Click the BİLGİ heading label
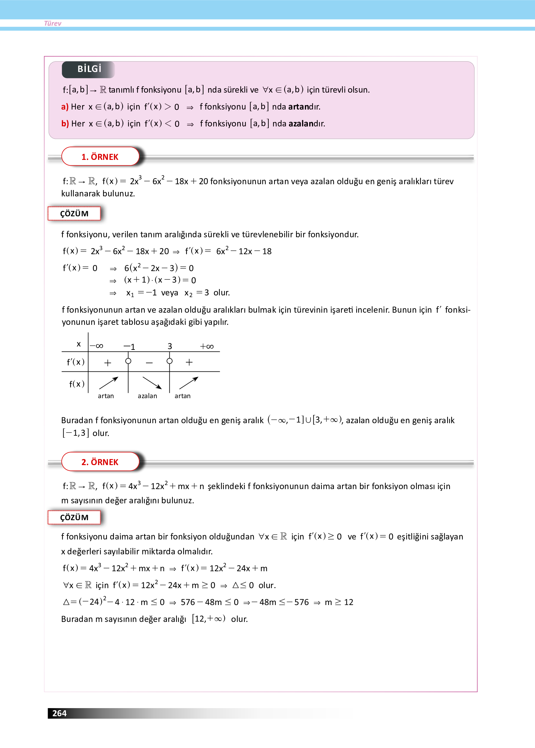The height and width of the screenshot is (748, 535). (89, 69)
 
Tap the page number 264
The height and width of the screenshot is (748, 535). (59, 713)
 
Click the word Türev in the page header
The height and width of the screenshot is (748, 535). (53, 23)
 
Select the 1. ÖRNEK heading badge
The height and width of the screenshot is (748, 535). (100, 157)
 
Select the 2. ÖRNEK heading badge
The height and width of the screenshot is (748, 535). (100, 462)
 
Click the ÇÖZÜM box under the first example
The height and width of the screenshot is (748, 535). (74, 214)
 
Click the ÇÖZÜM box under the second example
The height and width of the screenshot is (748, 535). (74, 517)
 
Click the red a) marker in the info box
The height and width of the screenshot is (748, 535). (65, 107)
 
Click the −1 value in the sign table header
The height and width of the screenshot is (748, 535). (129, 346)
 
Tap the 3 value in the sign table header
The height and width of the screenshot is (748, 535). (170, 346)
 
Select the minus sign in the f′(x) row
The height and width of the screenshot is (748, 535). (149, 363)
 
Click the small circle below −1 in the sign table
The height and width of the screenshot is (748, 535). (128, 361)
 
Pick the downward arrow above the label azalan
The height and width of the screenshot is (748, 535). (152, 383)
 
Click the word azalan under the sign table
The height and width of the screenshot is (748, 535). (147, 396)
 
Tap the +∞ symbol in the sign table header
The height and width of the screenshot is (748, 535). (207, 346)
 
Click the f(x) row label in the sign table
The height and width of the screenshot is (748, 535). (77, 384)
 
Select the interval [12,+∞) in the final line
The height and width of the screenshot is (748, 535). (209, 619)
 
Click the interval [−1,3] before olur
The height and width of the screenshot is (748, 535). (76, 433)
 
